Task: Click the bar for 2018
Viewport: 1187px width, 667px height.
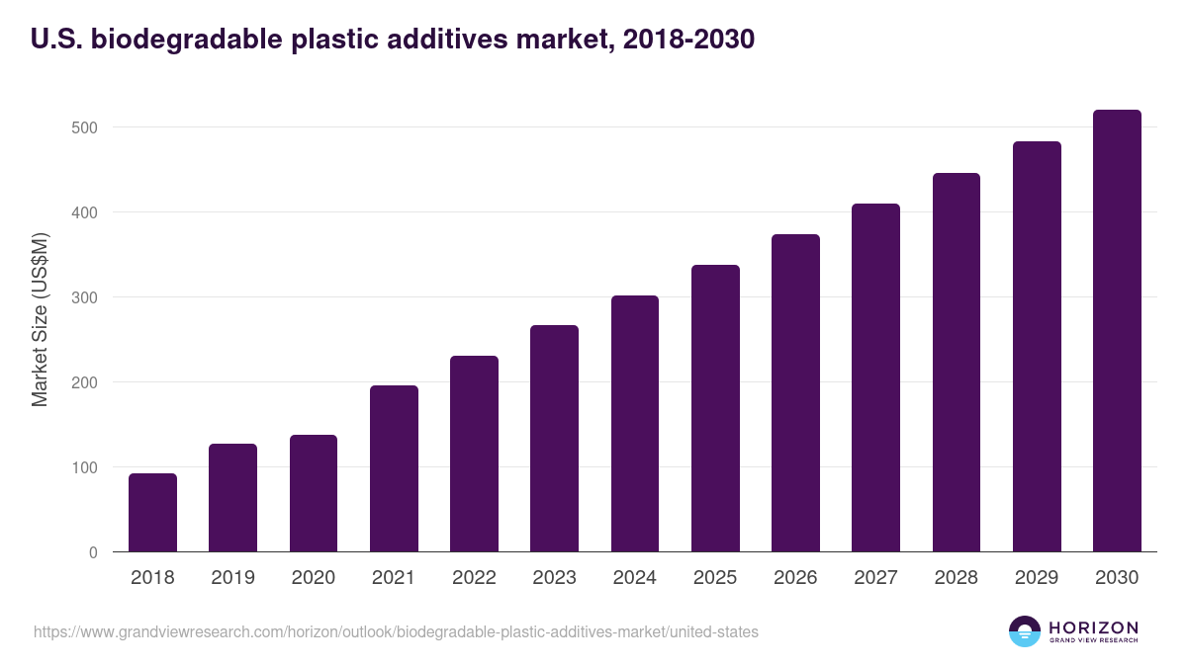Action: pyautogui.click(x=152, y=513)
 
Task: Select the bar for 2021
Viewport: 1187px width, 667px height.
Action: pyautogui.click(x=394, y=468)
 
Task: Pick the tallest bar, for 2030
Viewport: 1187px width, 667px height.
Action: pyautogui.click(x=1117, y=331)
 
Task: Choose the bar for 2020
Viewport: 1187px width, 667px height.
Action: pyautogui.click(x=314, y=493)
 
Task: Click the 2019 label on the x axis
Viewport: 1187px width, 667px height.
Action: pyautogui.click(x=232, y=578)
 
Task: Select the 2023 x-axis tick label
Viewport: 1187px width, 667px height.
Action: pyautogui.click(x=554, y=578)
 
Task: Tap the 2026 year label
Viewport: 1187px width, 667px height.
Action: pyautogui.click(x=795, y=578)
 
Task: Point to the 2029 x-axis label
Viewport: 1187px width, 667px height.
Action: pyautogui.click(x=1037, y=578)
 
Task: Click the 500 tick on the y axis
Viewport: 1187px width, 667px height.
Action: pyautogui.click(x=85, y=127)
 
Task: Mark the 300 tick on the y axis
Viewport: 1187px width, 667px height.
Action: pyautogui.click(x=85, y=297)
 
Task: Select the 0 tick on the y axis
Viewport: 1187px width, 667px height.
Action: pyautogui.click(x=93, y=552)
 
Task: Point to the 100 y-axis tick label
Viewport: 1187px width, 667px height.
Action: pyautogui.click(x=85, y=467)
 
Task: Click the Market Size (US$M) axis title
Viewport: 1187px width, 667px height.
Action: pyautogui.click(x=40, y=319)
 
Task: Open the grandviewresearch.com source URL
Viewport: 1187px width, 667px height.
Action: pyautogui.click(x=396, y=631)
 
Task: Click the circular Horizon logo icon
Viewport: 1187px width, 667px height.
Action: pyautogui.click(x=1025, y=631)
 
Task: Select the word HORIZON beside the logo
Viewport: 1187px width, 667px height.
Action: pyautogui.click(x=1094, y=627)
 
